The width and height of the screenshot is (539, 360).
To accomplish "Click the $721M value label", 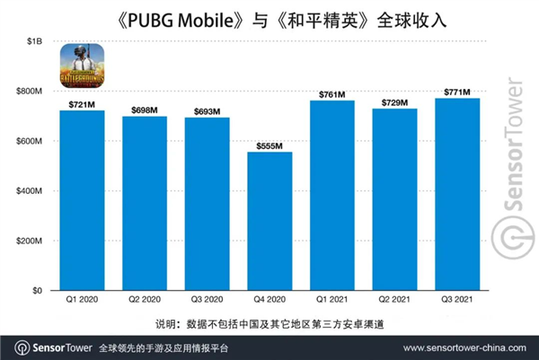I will pyautogui.click(x=82, y=105).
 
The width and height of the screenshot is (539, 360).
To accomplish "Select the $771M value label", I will pyautogui.click(x=458, y=92).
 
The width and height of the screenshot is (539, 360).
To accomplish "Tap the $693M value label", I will pyautogui.click(x=208, y=111).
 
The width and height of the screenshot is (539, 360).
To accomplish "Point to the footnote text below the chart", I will pyautogui.click(x=269, y=322).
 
